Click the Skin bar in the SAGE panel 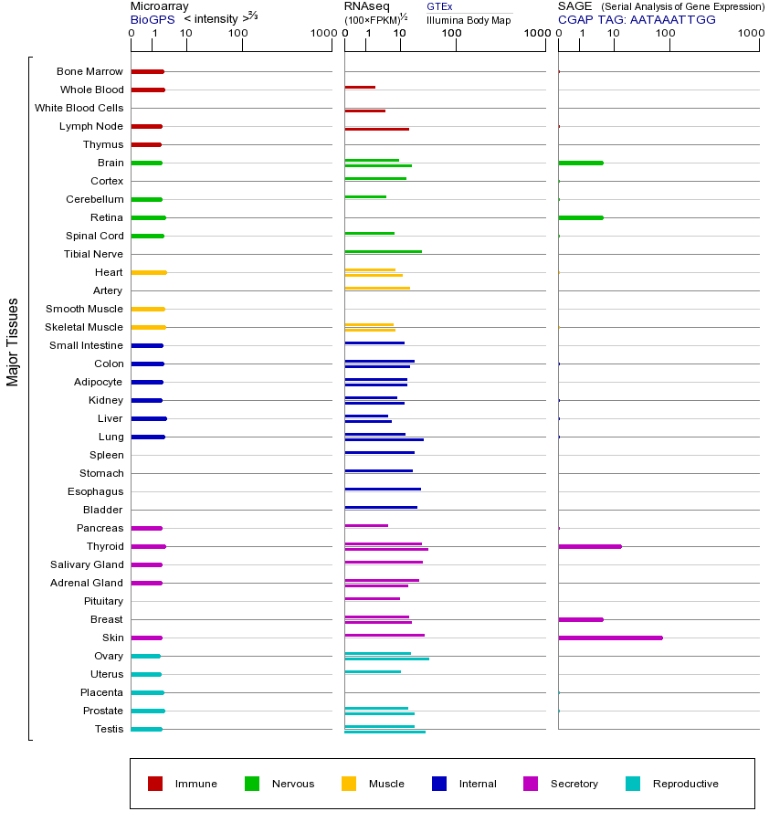(610, 638)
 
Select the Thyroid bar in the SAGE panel (590, 546)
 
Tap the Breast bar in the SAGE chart (581, 619)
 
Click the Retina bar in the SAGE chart (581, 217)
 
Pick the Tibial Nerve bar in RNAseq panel (383, 251)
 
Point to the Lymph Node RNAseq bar (376, 129)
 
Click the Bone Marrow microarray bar (147, 71)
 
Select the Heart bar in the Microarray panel (148, 272)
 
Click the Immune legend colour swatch (155, 784)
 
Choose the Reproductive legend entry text (685, 784)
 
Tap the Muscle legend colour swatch (349, 784)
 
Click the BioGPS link (151, 19)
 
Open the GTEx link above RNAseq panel (439, 6)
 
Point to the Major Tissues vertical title (13, 342)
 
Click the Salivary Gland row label (87, 564)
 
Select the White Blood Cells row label (79, 108)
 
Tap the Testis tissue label (109, 729)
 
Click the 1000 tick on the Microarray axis (321, 33)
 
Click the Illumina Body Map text (469, 20)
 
